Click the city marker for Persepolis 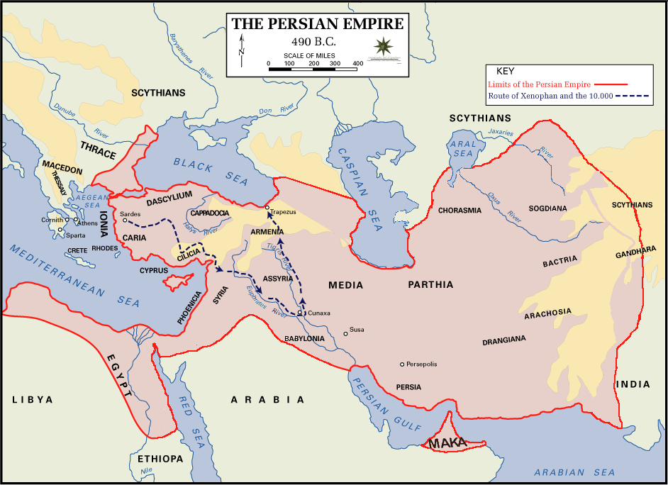pos(402,364)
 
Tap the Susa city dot pos(346,333)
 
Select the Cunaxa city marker pos(301,313)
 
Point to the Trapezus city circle pos(267,208)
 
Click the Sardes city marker pos(125,221)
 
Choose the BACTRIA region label pos(560,261)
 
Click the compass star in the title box pos(384,48)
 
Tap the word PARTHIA pos(430,285)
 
